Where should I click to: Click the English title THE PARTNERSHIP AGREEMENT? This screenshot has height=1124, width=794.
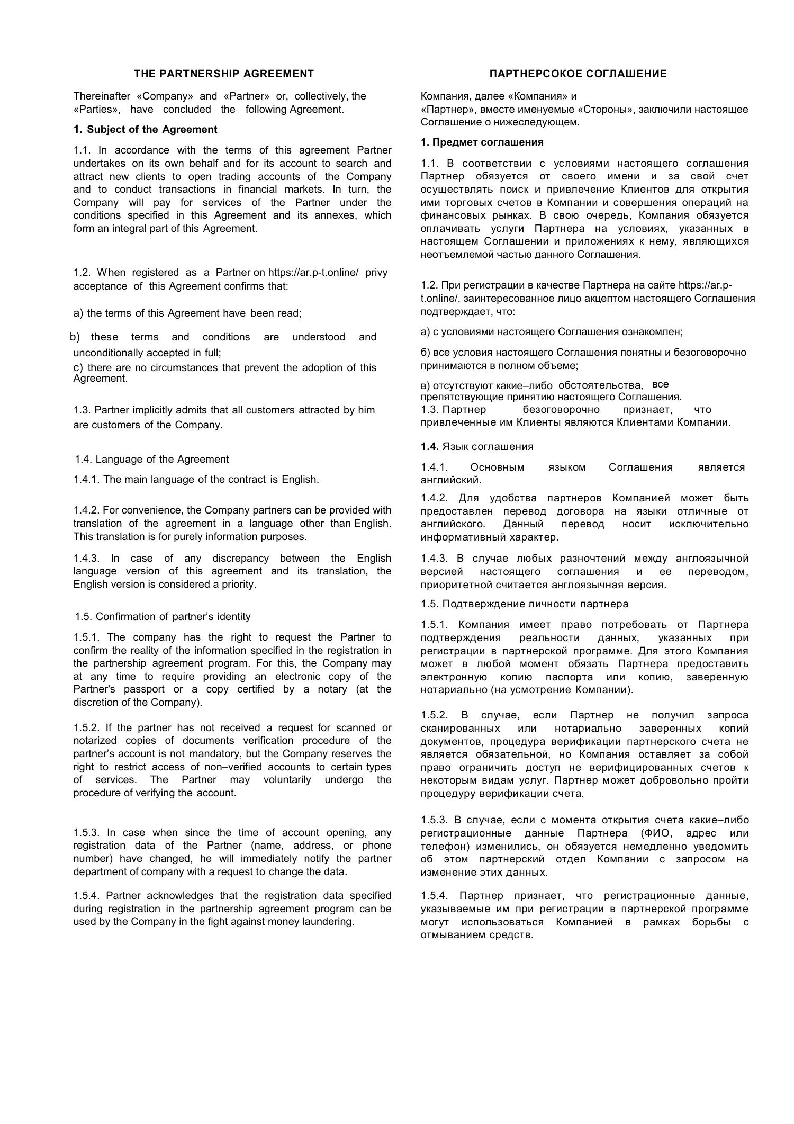coord(223,74)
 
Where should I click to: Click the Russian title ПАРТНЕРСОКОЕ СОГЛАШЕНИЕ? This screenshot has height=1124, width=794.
coord(578,74)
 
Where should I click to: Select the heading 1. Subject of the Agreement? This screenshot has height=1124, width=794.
coord(146,130)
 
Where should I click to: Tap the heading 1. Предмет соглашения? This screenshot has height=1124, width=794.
coord(482,142)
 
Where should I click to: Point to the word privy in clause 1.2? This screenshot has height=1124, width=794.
coord(376,273)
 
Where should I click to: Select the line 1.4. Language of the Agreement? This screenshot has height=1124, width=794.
coord(152,460)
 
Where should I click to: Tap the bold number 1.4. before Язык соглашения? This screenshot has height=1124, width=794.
coord(430,446)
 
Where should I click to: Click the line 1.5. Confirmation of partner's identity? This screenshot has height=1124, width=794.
coord(163,617)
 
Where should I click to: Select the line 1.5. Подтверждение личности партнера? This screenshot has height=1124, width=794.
coord(525,604)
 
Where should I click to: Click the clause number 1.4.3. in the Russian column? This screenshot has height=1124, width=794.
coord(435,559)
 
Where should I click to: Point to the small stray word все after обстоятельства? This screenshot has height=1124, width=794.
coord(660,384)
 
